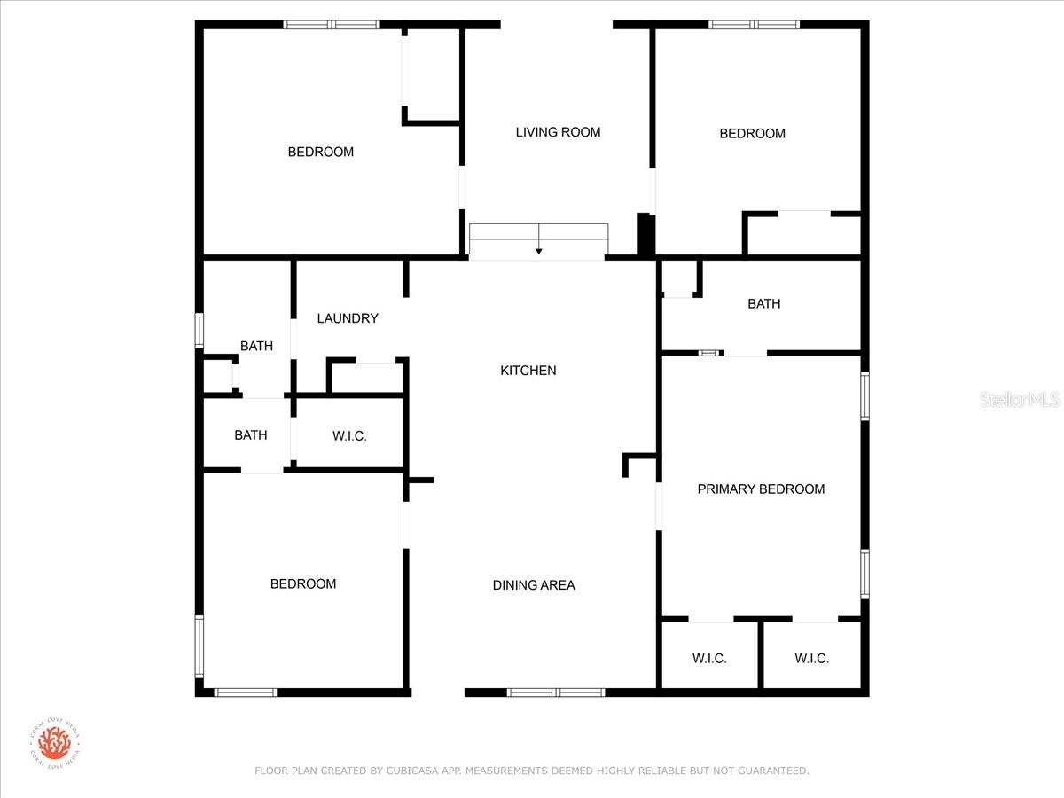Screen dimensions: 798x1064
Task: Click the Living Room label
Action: click(x=558, y=132)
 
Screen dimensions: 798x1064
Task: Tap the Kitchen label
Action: click(x=528, y=371)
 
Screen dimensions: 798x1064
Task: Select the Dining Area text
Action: click(x=534, y=585)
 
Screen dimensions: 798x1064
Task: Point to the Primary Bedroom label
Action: click(x=761, y=489)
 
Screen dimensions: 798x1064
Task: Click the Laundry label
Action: click(x=348, y=318)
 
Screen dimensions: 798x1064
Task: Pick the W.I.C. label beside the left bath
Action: click(x=349, y=436)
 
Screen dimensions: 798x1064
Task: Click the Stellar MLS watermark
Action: click(x=1020, y=400)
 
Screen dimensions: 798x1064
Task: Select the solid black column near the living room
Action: click(x=645, y=235)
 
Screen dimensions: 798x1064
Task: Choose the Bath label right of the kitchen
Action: click(x=764, y=304)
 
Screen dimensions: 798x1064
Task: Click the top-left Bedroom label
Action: click(x=321, y=153)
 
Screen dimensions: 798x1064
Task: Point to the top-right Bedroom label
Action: click(x=752, y=134)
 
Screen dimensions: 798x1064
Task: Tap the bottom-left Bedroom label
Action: click(x=303, y=584)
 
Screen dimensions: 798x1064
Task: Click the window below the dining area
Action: click(x=556, y=692)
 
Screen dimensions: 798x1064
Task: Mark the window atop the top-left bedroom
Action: click(x=331, y=25)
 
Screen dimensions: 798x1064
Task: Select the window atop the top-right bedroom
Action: click(x=754, y=25)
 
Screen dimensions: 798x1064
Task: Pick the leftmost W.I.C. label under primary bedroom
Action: click(x=709, y=659)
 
